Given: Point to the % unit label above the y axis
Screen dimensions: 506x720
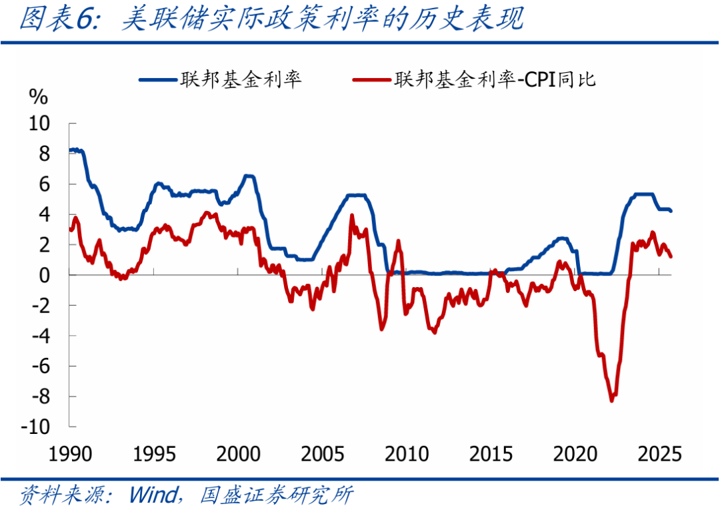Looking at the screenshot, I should pos(38,97).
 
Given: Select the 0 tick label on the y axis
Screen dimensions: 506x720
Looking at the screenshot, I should pos(43,275).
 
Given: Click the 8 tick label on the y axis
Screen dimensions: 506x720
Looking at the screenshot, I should pos(43,154).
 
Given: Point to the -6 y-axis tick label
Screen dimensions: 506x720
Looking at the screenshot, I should pos(39,366).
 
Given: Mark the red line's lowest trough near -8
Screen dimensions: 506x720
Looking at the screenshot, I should pos(612,400).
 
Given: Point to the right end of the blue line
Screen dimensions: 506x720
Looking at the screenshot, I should pos(671,211).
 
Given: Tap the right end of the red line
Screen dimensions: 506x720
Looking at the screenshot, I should pos(671,256).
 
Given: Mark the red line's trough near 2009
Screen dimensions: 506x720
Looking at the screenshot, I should pos(382,328).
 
